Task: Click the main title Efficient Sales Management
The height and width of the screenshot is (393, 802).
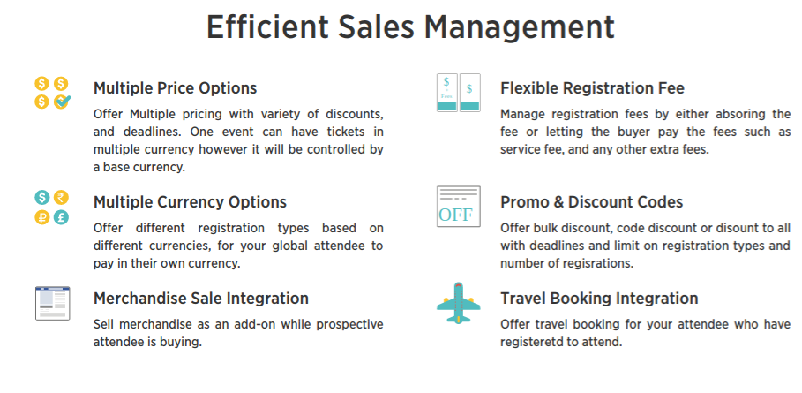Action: [x=410, y=27]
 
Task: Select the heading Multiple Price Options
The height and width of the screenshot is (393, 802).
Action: [x=175, y=88]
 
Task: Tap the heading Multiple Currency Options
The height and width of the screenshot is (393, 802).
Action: [x=190, y=202]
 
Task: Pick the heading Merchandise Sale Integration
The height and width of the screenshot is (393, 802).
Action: [x=201, y=298]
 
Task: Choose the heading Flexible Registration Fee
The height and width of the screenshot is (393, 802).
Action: [x=592, y=88]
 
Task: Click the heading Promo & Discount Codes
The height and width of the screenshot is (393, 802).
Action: [x=591, y=202]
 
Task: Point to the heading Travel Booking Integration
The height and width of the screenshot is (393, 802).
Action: [x=599, y=298]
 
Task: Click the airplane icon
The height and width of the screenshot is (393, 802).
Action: [x=458, y=303]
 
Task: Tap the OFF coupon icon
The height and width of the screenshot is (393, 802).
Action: [x=458, y=207]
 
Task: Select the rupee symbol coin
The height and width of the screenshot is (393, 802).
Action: [x=62, y=198]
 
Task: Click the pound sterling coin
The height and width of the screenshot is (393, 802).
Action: [x=62, y=217]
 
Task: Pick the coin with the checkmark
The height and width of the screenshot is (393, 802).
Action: [x=62, y=102]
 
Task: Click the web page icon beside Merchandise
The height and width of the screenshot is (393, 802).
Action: [x=53, y=303]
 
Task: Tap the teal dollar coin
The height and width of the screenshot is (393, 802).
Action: [x=42, y=198]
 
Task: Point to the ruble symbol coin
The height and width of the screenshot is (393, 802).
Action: [x=42, y=217]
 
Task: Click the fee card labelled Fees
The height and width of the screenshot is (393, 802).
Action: [x=447, y=93]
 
